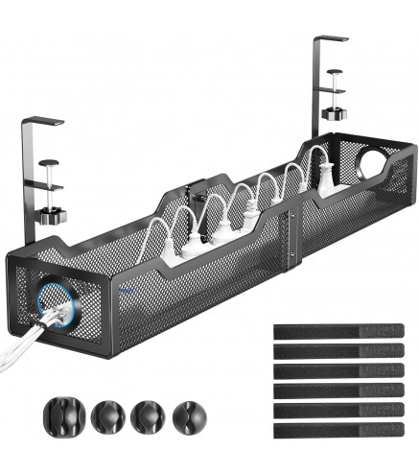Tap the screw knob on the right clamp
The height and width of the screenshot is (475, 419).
(x=333, y=113)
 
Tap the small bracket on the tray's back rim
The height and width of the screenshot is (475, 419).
(x=197, y=188)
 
